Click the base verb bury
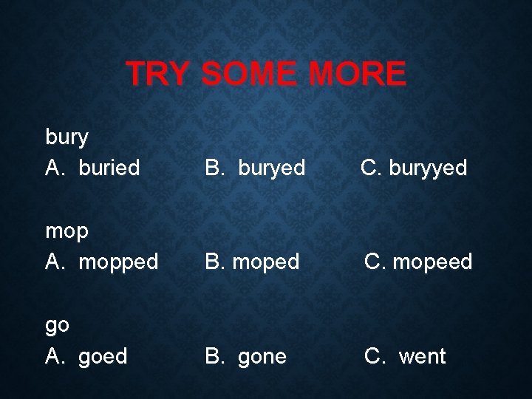(x=67, y=137)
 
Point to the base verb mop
(x=67, y=232)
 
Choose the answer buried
(x=108, y=168)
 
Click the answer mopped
(x=118, y=262)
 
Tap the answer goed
(x=103, y=357)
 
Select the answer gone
(x=262, y=357)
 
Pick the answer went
(x=422, y=357)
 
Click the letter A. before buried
(x=55, y=168)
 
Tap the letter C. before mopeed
(x=373, y=262)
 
